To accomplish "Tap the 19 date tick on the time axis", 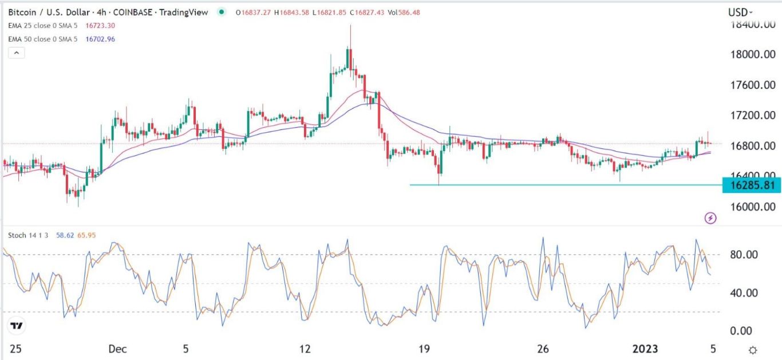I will [x=424, y=349].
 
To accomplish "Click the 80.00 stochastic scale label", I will [x=742, y=254].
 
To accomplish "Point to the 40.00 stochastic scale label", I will [x=742, y=292].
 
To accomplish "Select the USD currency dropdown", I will [x=740, y=12].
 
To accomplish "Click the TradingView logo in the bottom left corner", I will [x=18, y=325].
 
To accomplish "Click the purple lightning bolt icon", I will [x=710, y=217].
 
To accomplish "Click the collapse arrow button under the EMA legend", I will [x=17, y=53].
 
